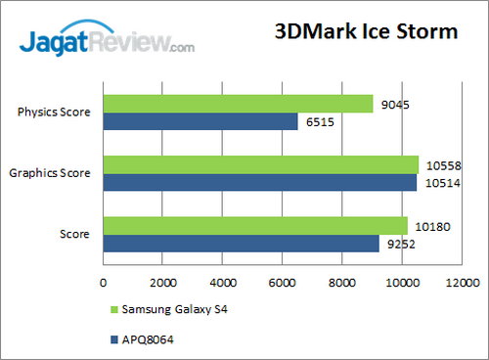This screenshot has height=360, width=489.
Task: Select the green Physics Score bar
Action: (238, 104)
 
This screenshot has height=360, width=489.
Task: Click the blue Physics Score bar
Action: (200, 121)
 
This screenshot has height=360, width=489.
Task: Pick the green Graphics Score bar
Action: (260, 164)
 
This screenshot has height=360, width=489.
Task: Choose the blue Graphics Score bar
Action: (259, 182)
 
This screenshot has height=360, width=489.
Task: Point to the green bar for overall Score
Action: (254, 226)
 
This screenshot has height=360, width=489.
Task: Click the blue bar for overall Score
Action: (241, 244)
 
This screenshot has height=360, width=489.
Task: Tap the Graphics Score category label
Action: (50, 173)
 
